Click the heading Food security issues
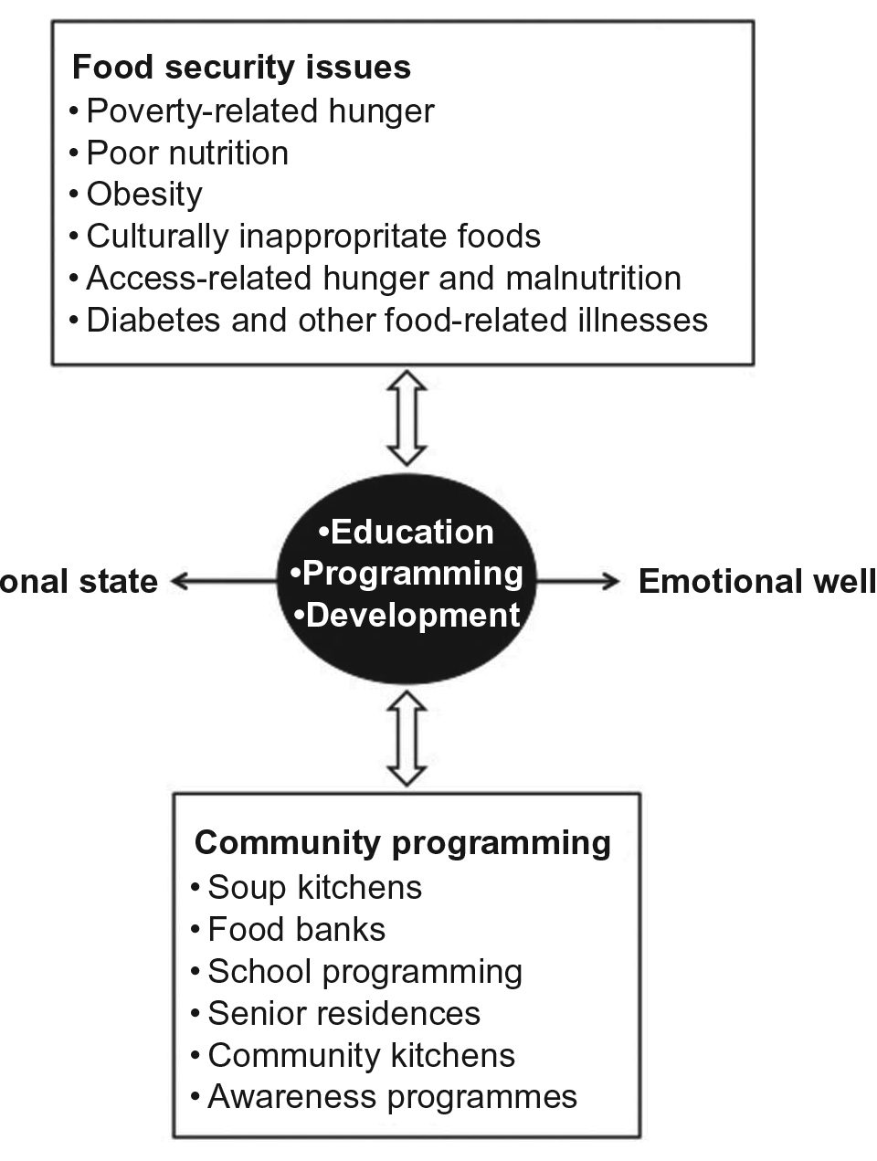coord(241,68)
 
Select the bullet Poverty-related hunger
coord(259,111)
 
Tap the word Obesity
coord(144,194)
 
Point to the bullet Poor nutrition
coord(187,153)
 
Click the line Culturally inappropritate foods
coord(313,236)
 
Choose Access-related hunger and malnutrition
coord(384,278)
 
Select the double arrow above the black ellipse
coord(407,417)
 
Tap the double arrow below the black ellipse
coord(407,738)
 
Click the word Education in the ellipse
coord(412,532)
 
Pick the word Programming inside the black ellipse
coord(412,574)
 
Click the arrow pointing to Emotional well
coord(578,581)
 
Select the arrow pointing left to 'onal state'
coord(225,581)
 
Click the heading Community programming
coord(403,841)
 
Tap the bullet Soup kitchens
coord(314,887)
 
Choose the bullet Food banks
coord(296,929)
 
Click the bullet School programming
coord(365,971)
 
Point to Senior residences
coord(343,1013)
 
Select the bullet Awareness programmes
coord(392,1096)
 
